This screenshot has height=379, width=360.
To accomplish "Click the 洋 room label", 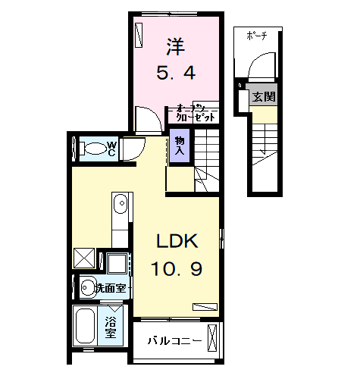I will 174,46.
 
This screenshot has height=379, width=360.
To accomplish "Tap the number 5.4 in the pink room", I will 176,73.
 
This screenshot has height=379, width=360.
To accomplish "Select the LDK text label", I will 177,242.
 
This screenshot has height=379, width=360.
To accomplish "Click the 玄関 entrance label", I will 264,97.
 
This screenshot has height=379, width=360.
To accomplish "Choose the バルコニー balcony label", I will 174,341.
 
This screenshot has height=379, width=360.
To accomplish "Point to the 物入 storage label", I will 180,145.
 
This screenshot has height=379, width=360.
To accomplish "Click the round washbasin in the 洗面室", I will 87,287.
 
